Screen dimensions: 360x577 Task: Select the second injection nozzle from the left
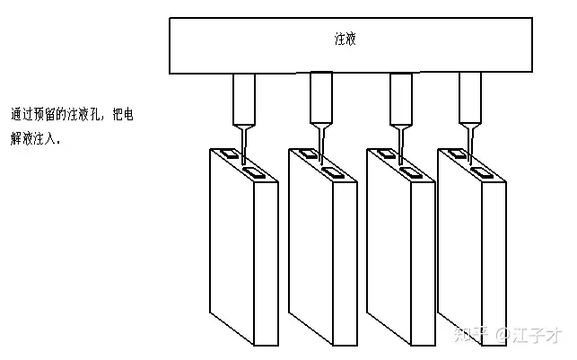(x=322, y=97)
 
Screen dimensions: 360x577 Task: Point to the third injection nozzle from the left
(x=401, y=97)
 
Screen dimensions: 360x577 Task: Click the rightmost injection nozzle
(x=470, y=97)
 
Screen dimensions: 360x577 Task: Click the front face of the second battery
(x=310, y=247)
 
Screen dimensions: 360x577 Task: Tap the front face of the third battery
(x=389, y=247)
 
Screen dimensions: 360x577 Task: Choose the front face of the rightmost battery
(x=459, y=247)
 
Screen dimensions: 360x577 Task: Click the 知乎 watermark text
(x=471, y=336)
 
